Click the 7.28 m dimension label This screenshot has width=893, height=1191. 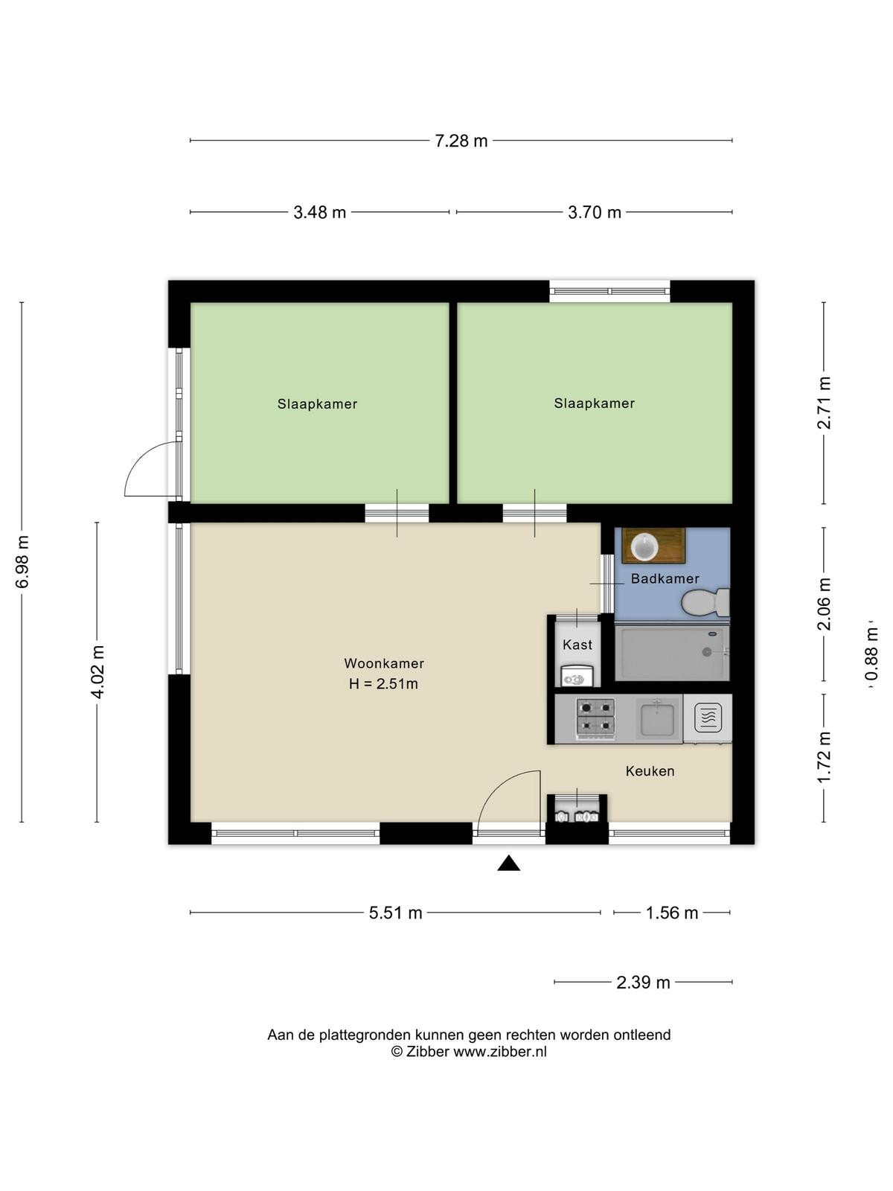tap(461, 141)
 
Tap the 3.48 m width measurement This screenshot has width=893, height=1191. tap(319, 212)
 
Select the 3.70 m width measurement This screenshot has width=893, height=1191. tap(595, 212)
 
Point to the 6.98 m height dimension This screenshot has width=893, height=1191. tap(22, 561)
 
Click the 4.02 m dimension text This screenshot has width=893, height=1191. tap(97, 671)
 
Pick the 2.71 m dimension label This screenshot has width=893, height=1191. tap(824, 403)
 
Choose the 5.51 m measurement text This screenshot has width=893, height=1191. tap(395, 913)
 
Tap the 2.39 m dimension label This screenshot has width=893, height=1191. tap(643, 982)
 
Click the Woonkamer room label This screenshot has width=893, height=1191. tap(384, 663)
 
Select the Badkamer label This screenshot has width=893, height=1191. tap(665, 578)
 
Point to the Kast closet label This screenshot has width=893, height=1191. tap(577, 645)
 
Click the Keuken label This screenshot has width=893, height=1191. tap(650, 771)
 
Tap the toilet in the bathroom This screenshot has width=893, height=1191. tap(705, 602)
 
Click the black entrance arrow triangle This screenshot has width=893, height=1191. tap(508, 863)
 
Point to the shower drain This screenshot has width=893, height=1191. tap(706, 651)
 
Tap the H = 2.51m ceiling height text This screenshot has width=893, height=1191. tap(383, 683)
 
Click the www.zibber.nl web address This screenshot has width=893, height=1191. tap(500, 1052)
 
